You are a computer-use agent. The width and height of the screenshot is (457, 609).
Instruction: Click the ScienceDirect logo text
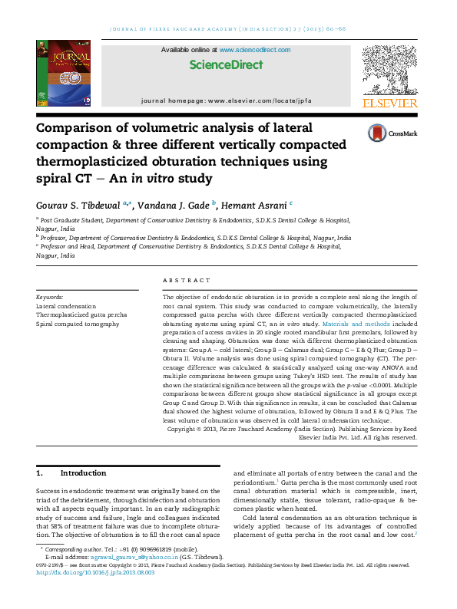pos(225,65)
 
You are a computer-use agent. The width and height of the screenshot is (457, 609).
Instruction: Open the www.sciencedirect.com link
pos(255,50)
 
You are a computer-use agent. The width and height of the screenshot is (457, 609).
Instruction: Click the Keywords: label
pos(50,297)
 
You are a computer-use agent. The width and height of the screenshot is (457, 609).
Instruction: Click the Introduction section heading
pos(83,473)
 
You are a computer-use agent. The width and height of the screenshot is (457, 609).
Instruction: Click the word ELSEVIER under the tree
pos(389,103)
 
